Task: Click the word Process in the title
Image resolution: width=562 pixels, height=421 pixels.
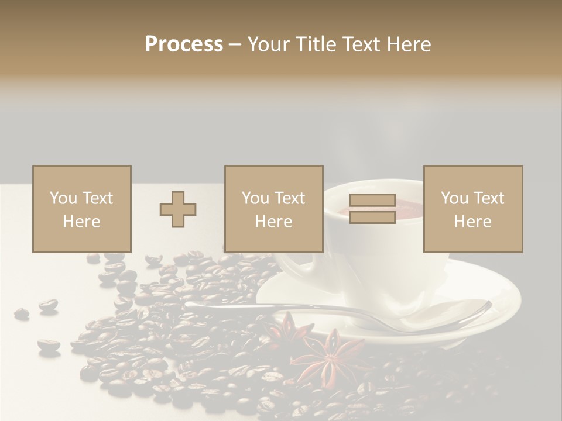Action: (x=184, y=44)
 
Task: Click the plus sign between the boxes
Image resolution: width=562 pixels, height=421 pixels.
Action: (x=178, y=209)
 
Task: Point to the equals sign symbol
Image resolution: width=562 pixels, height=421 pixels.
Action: (x=372, y=209)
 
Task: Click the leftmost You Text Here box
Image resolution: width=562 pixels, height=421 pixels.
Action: (x=82, y=209)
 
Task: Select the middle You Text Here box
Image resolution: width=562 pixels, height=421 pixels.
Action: (x=273, y=209)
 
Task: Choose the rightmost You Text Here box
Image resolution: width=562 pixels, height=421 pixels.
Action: (x=473, y=209)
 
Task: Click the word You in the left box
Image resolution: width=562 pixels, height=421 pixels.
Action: (x=63, y=198)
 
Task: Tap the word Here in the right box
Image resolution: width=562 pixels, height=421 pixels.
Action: (x=473, y=221)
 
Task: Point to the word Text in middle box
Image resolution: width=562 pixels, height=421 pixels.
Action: (x=290, y=198)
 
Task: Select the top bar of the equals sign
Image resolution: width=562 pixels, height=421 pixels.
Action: (x=372, y=201)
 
